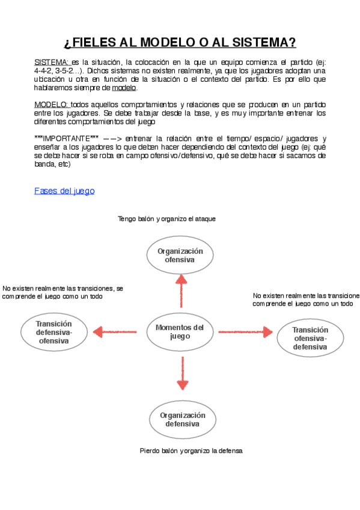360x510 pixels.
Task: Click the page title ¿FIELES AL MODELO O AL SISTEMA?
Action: pyautogui.click(x=180, y=43)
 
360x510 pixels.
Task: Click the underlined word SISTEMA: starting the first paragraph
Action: pyautogui.click(x=52, y=63)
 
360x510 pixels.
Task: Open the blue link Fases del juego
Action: pyautogui.click(x=64, y=191)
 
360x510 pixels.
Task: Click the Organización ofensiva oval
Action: pyautogui.click(x=180, y=255)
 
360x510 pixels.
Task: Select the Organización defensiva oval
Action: pyautogui.click(x=182, y=419)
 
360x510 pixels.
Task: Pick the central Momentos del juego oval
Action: pyautogui.click(x=180, y=331)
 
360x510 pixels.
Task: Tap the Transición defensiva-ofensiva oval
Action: pyautogui.click(x=53, y=332)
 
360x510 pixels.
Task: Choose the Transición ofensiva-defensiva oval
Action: pyautogui.click(x=310, y=338)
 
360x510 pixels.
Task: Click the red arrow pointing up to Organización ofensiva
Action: pyautogui.click(x=180, y=289)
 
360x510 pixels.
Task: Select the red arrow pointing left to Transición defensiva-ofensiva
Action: pyautogui.click(x=117, y=331)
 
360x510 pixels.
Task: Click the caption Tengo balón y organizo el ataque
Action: pyautogui.click(x=166, y=219)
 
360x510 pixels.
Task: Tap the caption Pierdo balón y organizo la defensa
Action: pyautogui.click(x=191, y=450)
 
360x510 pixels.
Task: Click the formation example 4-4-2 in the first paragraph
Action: pyautogui.click(x=44, y=71)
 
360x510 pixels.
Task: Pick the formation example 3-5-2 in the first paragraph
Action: pyautogui.click(x=67, y=71)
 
